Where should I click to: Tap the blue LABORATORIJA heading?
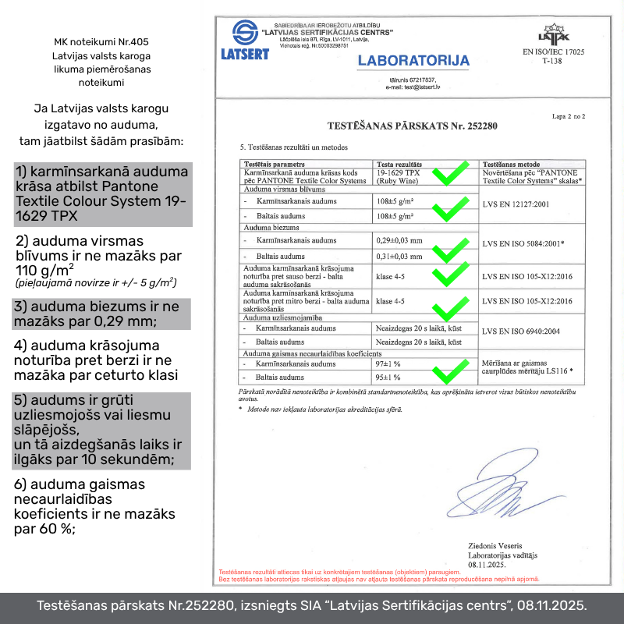tap(413, 61)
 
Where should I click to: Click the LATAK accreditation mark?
tap(554, 34)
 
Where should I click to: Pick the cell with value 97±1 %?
tap(388, 364)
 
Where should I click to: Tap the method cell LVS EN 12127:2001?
tap(516, 204)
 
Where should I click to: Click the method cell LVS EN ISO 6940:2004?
tap(520, 331)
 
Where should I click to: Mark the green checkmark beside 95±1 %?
tap(452, 372)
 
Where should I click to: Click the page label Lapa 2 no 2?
tap(567, 115)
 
